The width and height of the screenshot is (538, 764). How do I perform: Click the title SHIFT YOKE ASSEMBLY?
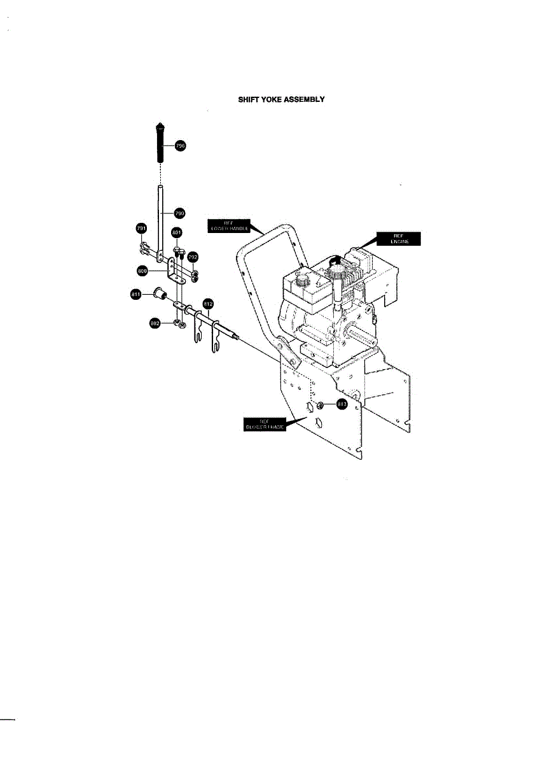(x=281, y=99)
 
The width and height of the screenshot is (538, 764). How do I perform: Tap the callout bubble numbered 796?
(x=179, y=146)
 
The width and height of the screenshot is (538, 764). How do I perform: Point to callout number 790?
(x=179, y=213)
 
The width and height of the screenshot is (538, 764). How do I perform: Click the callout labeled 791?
(x=141, y=228)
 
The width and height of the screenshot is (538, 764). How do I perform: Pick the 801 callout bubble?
(x=177, y=233)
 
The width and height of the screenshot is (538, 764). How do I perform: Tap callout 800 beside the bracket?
(x=142, y=271)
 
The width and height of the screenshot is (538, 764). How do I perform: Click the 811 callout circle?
(x=135, y=294)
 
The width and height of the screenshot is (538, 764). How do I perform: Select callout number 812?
(x=207, y=303)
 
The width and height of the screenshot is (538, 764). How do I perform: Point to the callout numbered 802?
(x=154, y=323)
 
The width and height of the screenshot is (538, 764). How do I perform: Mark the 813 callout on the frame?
(x=341, y=404)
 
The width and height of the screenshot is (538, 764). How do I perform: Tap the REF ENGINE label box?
(x=398, y=239)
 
